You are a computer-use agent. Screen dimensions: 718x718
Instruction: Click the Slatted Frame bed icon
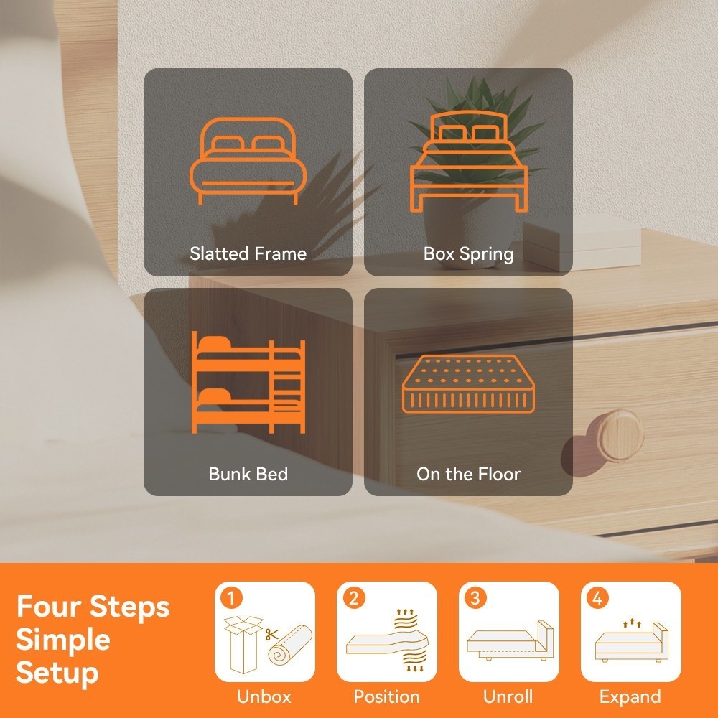[248, 161]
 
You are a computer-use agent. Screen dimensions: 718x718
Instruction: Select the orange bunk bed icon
[248, 382]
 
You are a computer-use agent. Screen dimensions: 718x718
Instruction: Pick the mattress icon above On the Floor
[468, 383]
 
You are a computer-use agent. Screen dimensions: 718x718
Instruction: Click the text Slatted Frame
[248, 253]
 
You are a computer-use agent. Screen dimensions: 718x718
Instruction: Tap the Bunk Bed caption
[248, 474]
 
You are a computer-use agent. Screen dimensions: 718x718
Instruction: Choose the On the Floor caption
[468, 474]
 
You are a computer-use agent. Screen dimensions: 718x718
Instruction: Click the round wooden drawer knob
[620, 434]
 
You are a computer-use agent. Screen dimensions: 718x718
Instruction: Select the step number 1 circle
[231, 598]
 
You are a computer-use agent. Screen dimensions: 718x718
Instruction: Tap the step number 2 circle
[353, 598]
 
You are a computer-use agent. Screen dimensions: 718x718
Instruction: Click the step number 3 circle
[475, 598]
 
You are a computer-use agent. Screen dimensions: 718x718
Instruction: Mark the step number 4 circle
[597, 598]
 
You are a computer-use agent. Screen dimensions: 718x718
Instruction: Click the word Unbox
[264, 696]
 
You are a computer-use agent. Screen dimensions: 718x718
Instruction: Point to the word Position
[386, 696]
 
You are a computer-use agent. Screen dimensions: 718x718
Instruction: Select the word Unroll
[508, 696]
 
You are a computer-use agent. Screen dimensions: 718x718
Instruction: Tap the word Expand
[630, 697]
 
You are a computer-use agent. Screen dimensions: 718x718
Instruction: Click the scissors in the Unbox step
[271, 635]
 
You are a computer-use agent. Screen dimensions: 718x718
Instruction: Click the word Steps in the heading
[129, 607]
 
